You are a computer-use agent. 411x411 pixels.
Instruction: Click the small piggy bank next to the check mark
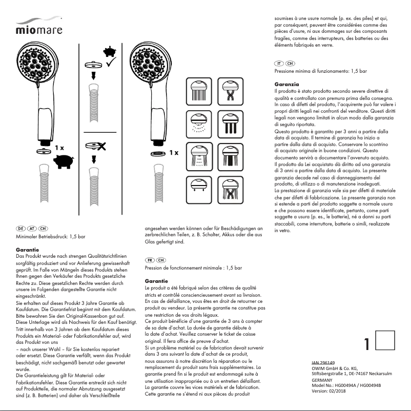(x=108, y=51)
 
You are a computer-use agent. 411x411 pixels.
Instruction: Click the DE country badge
(x=21, y=227)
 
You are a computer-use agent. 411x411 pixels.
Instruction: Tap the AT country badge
(x=32, y=227)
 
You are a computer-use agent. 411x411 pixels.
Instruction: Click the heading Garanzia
(x=287, y=84)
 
